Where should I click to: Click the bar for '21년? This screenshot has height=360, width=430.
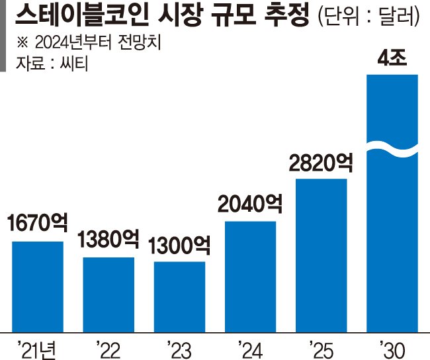click(38, 286)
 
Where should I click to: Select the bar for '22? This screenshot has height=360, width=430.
click(108, 294)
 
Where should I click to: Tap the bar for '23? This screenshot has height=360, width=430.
click(179, 296)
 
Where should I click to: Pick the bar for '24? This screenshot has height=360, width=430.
click(250, 276)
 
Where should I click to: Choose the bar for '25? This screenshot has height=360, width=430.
click(321, 255)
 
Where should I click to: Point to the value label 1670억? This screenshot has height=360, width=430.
click(38, 225)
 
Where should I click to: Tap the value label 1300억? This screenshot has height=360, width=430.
click(179, 246)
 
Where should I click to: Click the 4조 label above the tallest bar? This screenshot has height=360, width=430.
click(392, 60)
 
